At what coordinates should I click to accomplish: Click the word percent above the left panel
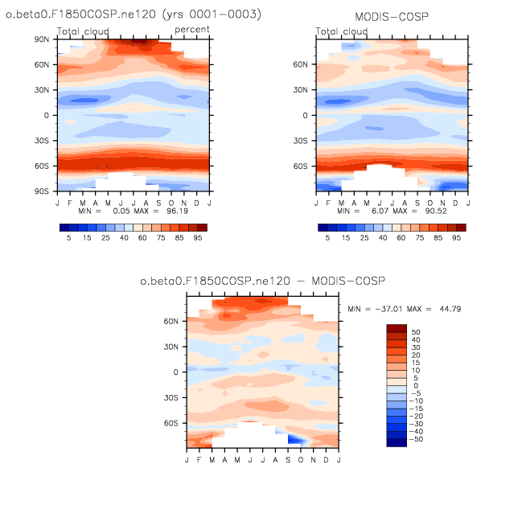pos(193,30)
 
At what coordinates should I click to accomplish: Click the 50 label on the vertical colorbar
pos(416,332)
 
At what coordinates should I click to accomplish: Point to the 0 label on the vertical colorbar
pos(413,387)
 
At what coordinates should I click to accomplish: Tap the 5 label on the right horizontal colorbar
pos(327,240)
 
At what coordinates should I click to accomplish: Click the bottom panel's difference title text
pos(262,281)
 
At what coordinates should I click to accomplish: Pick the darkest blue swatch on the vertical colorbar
pos(397,442)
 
